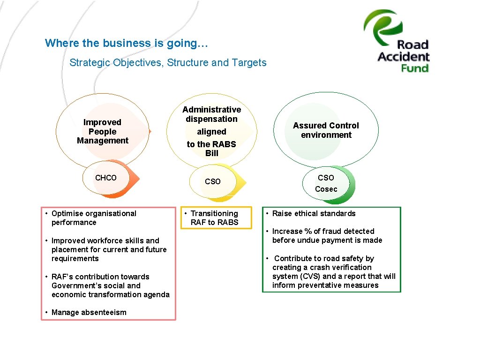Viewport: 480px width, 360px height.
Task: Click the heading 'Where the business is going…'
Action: click(x=127, y=43)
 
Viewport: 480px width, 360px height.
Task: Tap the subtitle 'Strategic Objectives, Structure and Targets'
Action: click(x=168, y=63)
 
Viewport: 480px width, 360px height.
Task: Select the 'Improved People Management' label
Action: click(x=102, y=131)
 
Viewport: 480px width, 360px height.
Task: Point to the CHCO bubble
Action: click(x=106, y=178)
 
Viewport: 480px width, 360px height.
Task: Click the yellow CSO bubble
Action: click(x=212, y=181)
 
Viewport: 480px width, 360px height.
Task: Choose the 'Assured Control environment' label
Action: click(x=326, y=130)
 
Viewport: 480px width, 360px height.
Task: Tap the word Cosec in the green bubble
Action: click(x=326, y=189)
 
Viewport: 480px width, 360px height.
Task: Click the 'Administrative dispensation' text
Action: click(x=211, y=114)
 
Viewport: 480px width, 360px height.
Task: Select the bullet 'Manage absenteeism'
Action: click(x=89, y=312)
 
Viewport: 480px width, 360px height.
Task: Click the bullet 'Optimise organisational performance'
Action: click(x=93, y=218)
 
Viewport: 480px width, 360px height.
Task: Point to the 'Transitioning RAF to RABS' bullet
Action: click(x=214, y=218)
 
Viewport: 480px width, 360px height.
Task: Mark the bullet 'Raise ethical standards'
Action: click(x=314, y=213)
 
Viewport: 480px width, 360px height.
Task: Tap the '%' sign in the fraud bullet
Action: click(x=308, y=231)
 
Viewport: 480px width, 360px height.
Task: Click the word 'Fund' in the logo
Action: click(x=415, y=68)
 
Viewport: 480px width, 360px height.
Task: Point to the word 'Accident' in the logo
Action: click(x=404, y=57)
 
